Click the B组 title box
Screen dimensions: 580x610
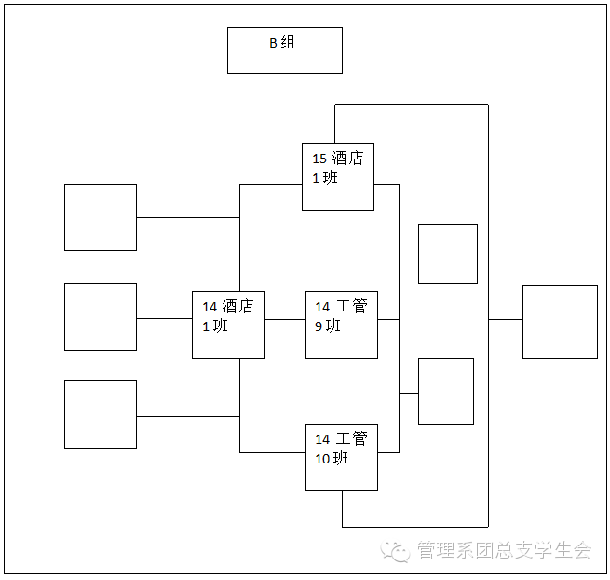(284, 50)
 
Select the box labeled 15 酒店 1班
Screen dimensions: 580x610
(337, 176)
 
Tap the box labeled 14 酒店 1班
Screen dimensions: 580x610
(228, 325)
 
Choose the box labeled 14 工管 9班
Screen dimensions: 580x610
(342, 325)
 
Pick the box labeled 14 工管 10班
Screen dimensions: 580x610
(342, 457)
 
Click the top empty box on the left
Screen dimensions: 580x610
(101, 217)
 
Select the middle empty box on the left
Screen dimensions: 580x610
(101, 317)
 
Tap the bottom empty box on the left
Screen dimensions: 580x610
(101, 414)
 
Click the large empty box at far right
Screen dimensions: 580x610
(560, 322)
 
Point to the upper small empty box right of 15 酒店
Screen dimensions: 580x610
(447, 254)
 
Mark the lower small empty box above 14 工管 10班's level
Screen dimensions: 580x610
(445, 391)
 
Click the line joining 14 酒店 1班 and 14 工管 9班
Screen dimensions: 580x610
(285, 319)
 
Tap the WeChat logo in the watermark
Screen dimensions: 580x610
(398, 550)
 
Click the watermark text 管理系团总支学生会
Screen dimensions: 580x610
(504, 550)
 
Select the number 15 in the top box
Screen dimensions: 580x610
(319, 159)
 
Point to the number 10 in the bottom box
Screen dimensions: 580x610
(322, 458)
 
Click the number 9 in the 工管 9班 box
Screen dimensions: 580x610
(319, 325)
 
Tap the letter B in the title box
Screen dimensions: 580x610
(273, 43)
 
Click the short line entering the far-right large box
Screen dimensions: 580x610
(505, 319)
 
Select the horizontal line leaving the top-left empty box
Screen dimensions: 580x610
(187, 217)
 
